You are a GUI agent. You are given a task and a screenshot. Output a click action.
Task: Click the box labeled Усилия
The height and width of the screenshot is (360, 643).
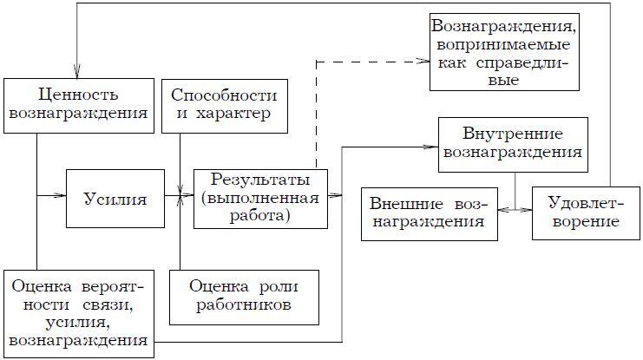tap(115, 198)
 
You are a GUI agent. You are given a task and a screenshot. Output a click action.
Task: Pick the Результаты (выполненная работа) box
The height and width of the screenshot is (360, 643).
tap(262, 198)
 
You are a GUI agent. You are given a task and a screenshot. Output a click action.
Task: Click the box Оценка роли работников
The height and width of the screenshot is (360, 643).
tap(243, 297)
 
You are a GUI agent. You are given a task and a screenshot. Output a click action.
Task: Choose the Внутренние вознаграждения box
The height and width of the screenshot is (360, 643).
tap(514, 143)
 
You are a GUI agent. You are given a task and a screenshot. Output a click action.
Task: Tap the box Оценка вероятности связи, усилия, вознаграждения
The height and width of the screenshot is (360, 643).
tap(78, 308)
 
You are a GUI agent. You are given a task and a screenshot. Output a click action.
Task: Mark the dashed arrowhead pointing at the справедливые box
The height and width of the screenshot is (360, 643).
tap(425, 62)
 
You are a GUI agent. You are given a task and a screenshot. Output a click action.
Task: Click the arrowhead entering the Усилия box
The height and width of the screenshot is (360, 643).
tap(62, 198)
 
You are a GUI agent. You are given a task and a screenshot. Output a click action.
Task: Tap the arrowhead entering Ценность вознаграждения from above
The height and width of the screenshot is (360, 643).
tap(78, 75)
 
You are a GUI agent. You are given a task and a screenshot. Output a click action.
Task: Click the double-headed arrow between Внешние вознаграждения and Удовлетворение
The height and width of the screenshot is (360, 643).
tap(516, 210)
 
